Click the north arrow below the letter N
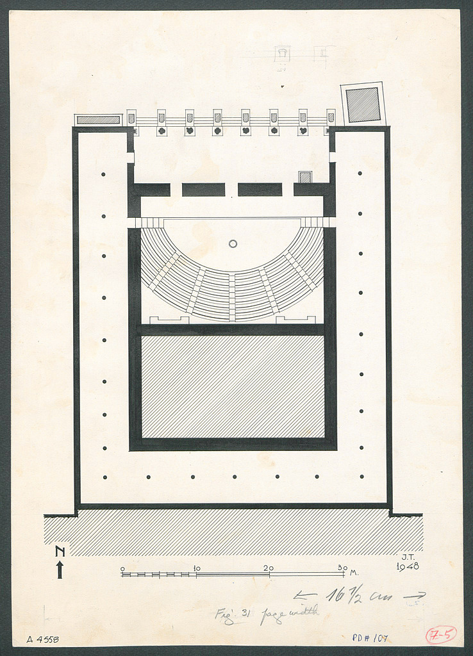[x=60, y=569]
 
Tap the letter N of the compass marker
[x=60, y=552]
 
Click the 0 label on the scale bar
[x=122, y=568]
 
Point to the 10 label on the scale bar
[x=197, y=568]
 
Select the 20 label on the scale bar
[x=269, y=568]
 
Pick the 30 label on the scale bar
[x=342, y=568]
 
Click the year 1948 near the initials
[x=408, y=566]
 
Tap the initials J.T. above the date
[x=408, y=557]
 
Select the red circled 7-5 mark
[x=441, y=635]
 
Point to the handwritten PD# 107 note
[x=370, y=638]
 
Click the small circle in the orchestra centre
[x=233, y=243]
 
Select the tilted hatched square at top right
[x=363, y=104]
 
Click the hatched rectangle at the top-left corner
[x=98, y=120]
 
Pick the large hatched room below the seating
[x=233, y=386]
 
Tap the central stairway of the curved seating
[x=232, y=296]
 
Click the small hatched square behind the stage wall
[x=305, y=177]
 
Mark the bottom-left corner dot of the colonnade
[x=104, y=477]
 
